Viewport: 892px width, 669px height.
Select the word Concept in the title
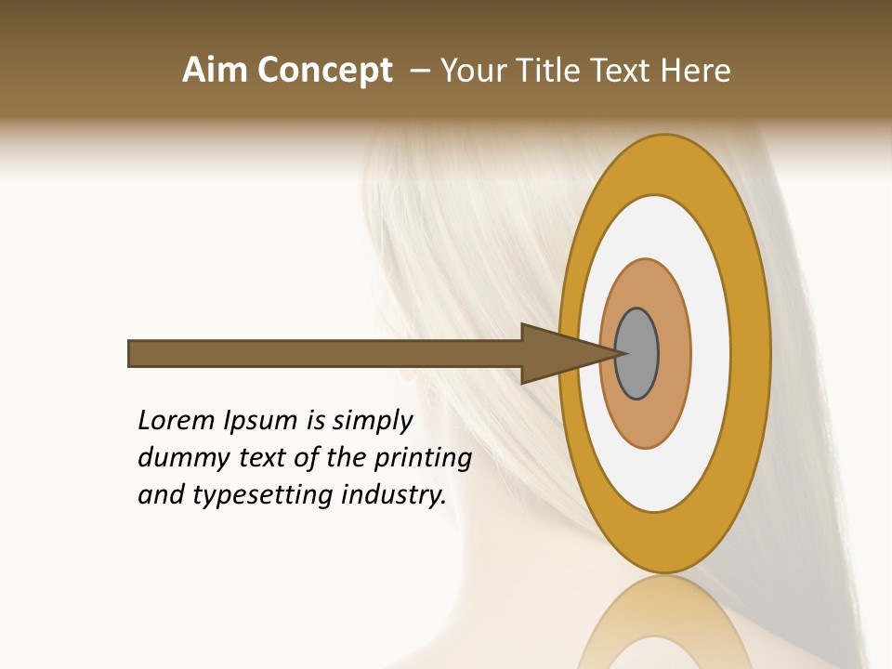(x=324, y=71)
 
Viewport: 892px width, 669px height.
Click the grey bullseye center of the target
(x=637, y=354)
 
